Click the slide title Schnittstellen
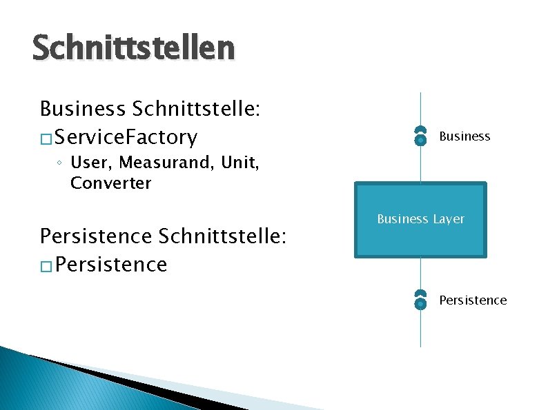(x=133, y=49)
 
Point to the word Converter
(x=110, y=183)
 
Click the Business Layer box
(x=420, y=220)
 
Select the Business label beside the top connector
(x=464, y=136)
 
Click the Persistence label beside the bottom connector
(x=473, y=300)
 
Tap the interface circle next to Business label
(x=420, y=139)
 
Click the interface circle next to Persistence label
(x=420, y=301)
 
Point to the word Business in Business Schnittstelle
(x=82, y=109)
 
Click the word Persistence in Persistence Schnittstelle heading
(x=96, y=236)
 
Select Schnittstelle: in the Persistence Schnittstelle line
(x=222, y=236)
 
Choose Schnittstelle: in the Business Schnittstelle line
(x=200, y=109)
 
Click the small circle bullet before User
(x=61, y=164)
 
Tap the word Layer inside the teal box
(x=448, y=219)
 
